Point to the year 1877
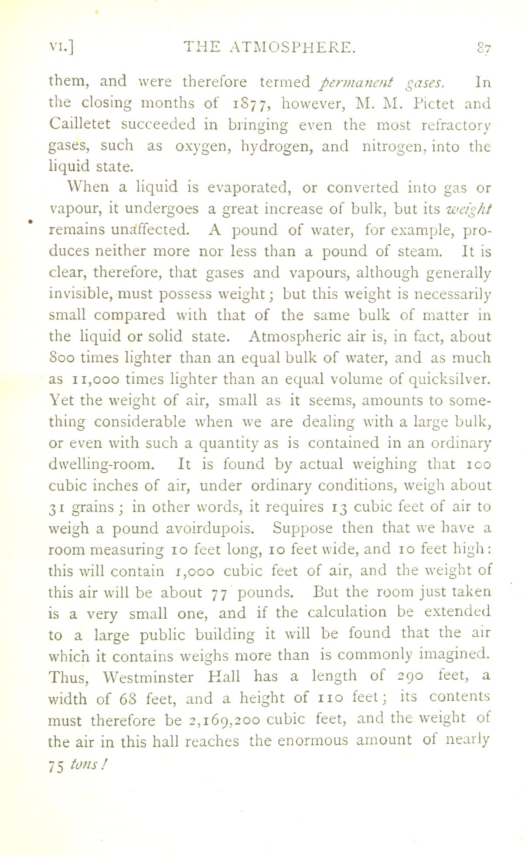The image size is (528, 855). tap(252, 104)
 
